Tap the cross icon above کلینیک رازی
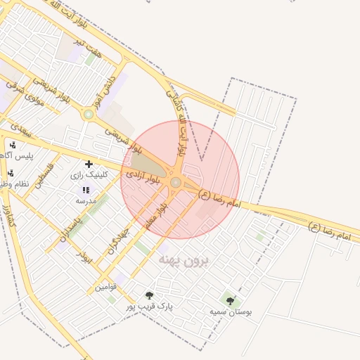[88, 165]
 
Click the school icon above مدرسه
[86, 190]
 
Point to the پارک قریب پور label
[149, 306]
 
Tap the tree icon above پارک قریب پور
[149, 295]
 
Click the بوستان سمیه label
[231, 311]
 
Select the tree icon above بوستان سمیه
[230, 301]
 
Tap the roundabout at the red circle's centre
[175, 183]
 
